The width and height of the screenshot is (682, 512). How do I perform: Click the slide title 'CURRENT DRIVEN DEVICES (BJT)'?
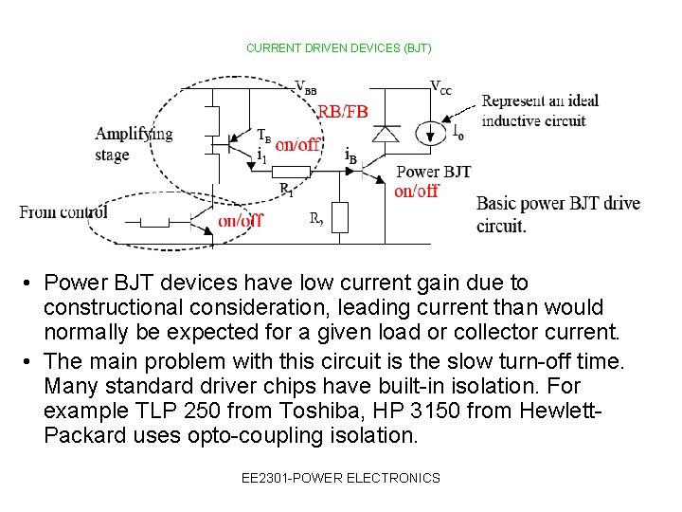pyautogui.click(x=338, y=47)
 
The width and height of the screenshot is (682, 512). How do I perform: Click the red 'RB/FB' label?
pyautogui.click(x=342, y=112)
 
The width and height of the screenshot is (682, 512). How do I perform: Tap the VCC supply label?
pyautogui.click(x=441, y=87)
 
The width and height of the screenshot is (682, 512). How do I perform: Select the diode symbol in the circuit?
pyautogui.click(x=386, y=133)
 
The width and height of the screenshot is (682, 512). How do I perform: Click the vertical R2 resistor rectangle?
pyautogui.click(x=340, y=217)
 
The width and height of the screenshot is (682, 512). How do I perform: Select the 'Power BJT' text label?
pyautogui.click(x=433, y=172)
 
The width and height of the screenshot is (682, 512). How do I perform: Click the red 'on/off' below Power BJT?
pyautogui.click(x=416, y=191)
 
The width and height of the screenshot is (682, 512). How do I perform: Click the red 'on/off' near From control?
pyautogui.click(x=241, y=221)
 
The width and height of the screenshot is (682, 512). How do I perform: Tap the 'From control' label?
pyautogui.click(x=63, y=211)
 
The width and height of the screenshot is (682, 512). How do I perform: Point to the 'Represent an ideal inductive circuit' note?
pyautogui.click(x=540, y=110)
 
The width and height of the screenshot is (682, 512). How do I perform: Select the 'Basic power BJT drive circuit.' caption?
pyautogui.click(x=558, y=214)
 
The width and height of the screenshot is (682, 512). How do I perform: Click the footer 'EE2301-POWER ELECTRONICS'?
pyautogui.click(x=341, y=478)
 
